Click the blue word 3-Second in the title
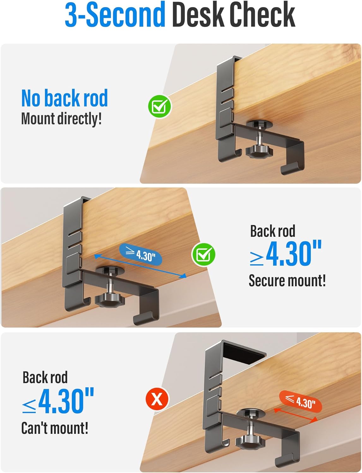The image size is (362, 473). pos(115,14)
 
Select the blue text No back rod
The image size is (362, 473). pos(64,98)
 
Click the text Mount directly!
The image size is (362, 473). pos(61,119)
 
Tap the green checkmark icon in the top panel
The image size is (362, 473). pos(160,107)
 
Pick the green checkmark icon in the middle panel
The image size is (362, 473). pos(203,254)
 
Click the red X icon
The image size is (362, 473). pos(157,399)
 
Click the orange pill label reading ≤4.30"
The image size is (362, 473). pos(301,401)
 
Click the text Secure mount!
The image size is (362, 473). pos(287,281)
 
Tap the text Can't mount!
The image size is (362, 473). pos(55,428)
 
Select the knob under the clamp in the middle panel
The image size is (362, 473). pos(110,300)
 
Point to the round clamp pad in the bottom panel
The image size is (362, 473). pos(251,412)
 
